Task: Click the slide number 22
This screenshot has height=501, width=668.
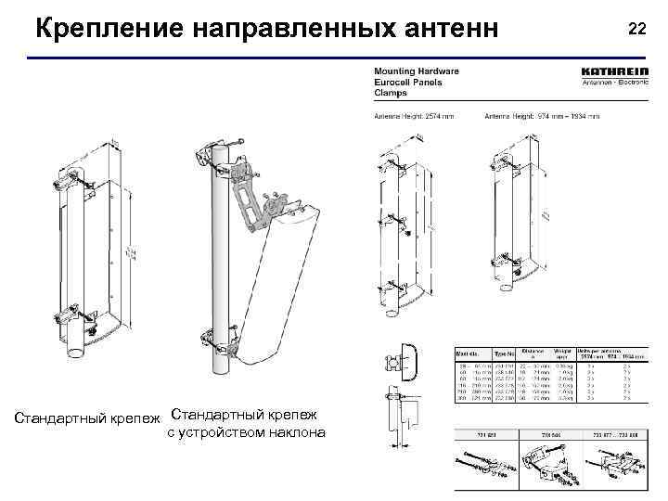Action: pos(636,30)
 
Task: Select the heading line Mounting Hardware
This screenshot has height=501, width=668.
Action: pos(416,71)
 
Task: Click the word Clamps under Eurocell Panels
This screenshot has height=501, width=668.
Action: pos(391,93)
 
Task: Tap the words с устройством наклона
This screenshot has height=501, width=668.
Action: pos(246,432)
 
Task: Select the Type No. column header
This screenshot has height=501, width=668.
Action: pos(504,354)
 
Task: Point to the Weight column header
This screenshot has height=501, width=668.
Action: pos(563,354)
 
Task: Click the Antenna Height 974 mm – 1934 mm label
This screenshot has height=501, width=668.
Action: pos(542,116)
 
